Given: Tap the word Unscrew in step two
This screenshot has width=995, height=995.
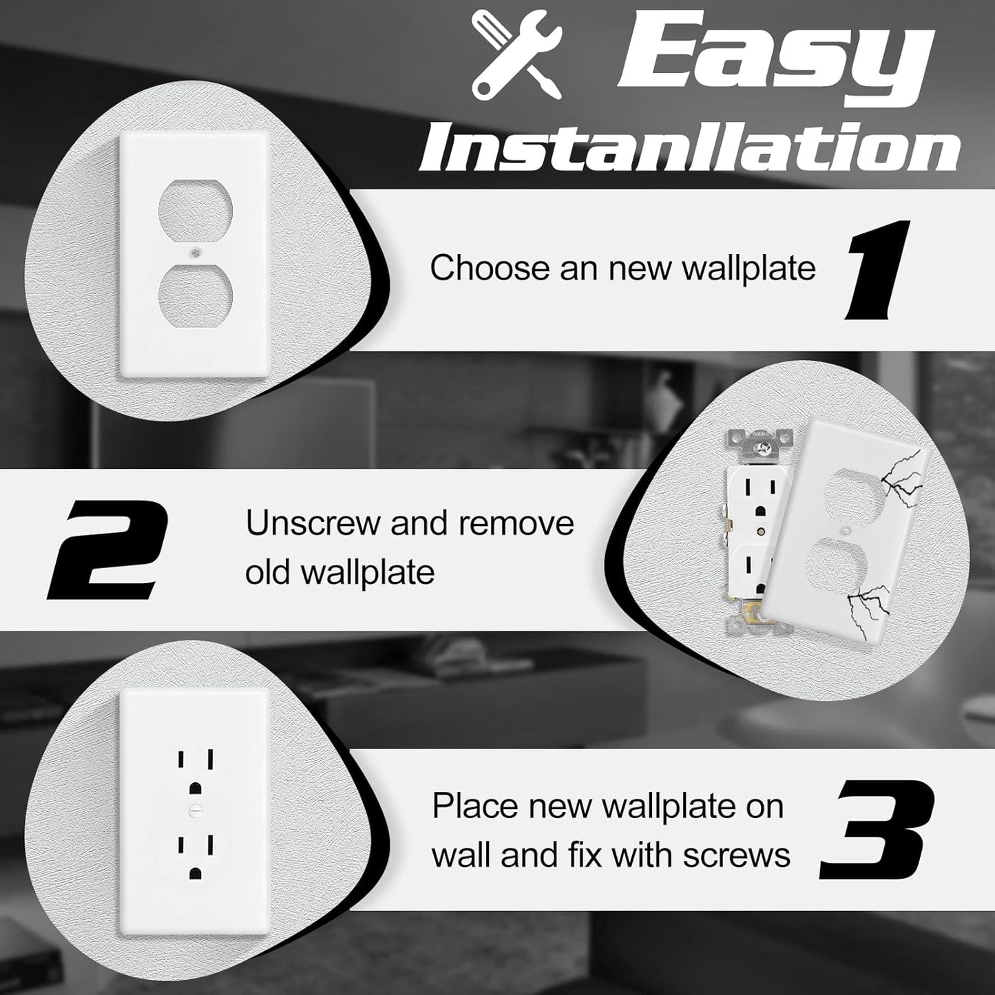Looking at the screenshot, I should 311,523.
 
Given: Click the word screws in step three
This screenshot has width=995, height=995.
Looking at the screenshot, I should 736,855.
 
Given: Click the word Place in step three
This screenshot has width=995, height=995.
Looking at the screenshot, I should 470,806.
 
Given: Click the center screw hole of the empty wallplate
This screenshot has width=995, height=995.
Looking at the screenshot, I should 195,253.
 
